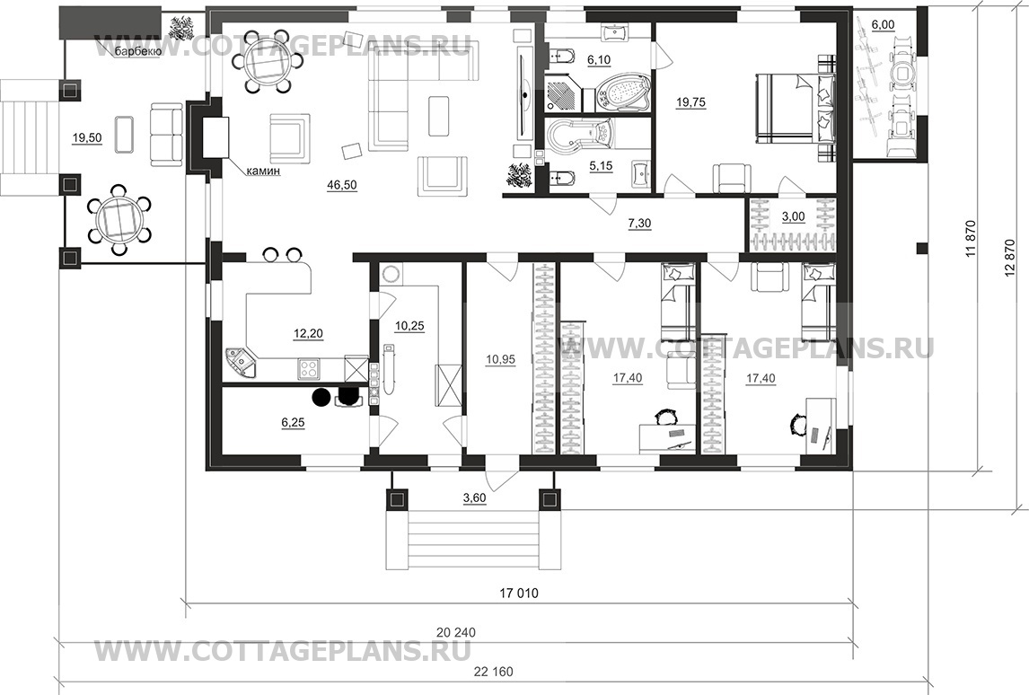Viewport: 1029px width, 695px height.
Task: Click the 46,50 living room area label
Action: tap(341, 185)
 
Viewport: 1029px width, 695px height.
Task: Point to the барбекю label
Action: tap(137, 52)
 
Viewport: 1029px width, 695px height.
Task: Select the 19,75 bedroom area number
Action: tap(691, 101)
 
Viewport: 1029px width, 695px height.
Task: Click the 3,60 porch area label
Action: tap(474, 498)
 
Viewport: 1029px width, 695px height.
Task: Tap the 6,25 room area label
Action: tap(293, 423)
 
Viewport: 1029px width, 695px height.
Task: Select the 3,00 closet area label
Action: tap(793, 217)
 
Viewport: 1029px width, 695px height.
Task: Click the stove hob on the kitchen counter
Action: tap(308, 369)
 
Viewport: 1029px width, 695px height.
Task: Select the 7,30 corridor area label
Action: tap(639, 224)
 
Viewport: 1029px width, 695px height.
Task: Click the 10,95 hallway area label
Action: tap(500, 359)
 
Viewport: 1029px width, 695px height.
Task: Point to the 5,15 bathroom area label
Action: tap(601, 166)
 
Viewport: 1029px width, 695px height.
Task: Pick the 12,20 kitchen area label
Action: tap(308, 334)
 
